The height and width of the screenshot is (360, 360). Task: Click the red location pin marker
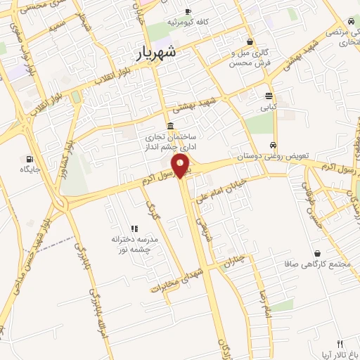[x=181, y=166]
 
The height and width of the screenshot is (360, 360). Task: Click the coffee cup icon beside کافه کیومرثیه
[x=188, y=11]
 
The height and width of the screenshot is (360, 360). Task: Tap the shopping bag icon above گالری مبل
[x=250, y=42]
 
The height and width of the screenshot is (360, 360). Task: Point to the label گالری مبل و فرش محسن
[x=250, y=58]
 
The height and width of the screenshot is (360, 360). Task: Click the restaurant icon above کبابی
[x=269, y=96]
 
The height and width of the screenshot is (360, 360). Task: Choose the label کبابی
[x=269, y=108]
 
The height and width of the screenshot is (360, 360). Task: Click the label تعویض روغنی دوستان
[x=274, y=155]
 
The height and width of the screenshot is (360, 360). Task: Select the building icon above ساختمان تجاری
[x=171, y=125]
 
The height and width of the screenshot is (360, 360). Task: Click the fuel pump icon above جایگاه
[x=30, y=158]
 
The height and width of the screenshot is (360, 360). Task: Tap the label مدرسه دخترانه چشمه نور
[x=135, y=244]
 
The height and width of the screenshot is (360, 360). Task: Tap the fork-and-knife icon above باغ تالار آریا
[x=340, y=344]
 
